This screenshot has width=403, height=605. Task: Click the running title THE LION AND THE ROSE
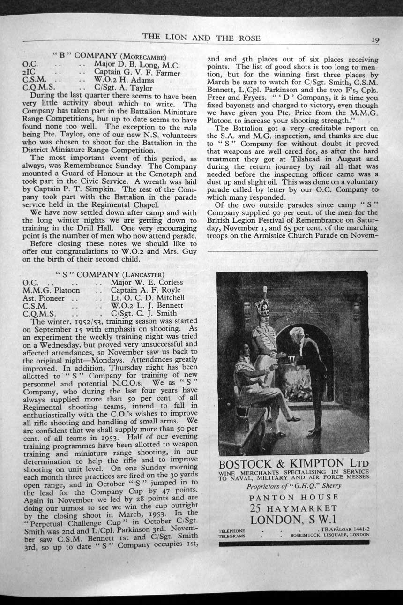[x=201, y=38]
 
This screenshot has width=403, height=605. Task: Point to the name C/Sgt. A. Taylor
[x=123, y=88]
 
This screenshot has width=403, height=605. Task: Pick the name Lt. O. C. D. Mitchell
[x=148, y=298]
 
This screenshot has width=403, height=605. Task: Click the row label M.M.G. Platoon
[x=51, y=290]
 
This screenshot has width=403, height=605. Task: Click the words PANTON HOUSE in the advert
[x=294, y=497]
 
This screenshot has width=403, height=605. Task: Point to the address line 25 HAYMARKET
[x=293, y=508]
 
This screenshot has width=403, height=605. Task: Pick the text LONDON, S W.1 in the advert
[x=293, y=520]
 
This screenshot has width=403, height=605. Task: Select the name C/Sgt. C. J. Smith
[x=143, y=313]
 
